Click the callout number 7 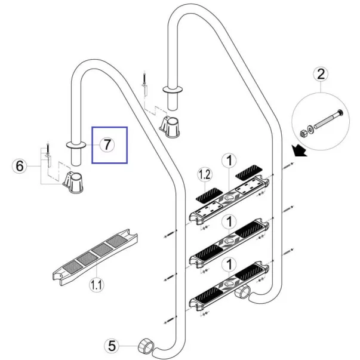coord(107,145)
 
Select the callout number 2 coord(321,73)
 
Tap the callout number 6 coord(19,166)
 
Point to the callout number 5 coord(112,346)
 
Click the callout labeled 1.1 coord(97,285)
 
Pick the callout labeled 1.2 coord(205,175)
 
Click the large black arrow coord(299,150)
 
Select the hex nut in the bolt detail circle coord(303,133)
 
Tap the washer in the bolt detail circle coord(310,130)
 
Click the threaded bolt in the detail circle coord(328,119)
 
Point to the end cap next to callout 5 coord(146,346)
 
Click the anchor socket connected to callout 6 coord(73,183)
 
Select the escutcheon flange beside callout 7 coord(76,145)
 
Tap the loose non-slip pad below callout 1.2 coord(209,196)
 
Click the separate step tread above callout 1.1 coord(95,257)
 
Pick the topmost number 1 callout coord(229,160)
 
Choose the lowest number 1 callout coord(229,264)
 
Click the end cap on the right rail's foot coord(242,291)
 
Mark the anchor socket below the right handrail coord(170,127)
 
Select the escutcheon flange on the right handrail coord(173,90)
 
